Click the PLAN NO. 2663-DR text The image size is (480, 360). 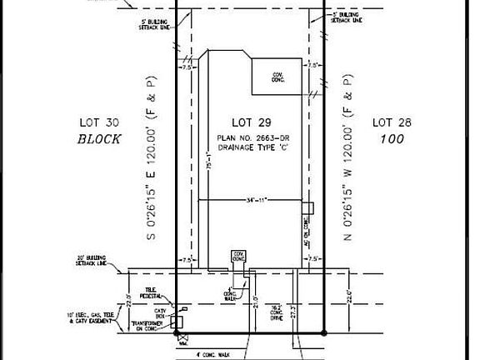click(x=252, y=136)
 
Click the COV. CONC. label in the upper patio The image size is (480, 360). click(x=278, y=77)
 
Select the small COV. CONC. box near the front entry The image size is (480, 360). click(x=239, y=256)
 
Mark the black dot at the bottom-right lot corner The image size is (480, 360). click(x=324, y=332)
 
